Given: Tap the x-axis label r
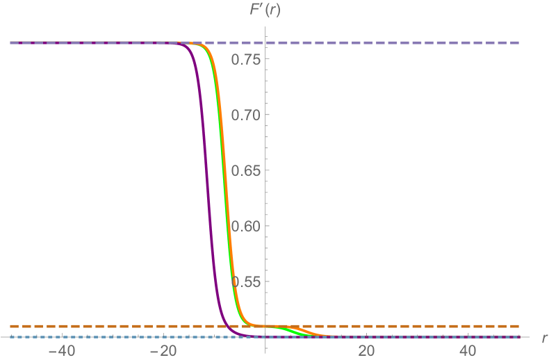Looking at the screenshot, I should (543, 338).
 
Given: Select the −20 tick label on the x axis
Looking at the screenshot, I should (164, 350).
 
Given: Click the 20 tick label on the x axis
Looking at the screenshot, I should (367, 350).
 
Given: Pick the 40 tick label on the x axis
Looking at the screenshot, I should (468, 350).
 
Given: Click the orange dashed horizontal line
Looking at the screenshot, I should (417, 326).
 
